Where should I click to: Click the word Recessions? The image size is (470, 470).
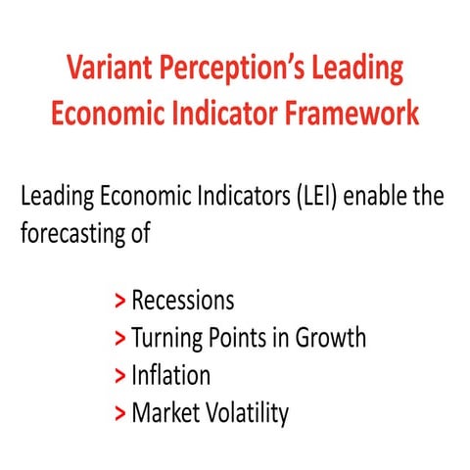pos(183,300)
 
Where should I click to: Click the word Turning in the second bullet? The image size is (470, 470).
pos(167,338)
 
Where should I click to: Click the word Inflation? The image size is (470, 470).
pos(170,375)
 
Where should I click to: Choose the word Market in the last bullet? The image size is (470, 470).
pos(165,413)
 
